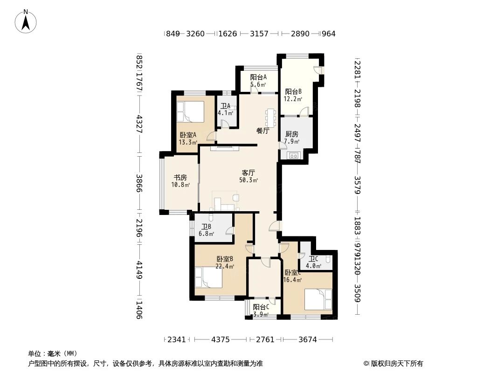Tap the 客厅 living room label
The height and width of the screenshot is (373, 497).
(x=248, y=176)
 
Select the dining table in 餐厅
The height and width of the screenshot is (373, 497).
(x=271, y=117)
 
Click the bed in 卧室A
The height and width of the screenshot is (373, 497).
(x=190, y=112)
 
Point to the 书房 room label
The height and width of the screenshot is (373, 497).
(x=180, y=181)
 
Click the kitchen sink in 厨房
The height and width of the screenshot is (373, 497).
(x=294, y=156)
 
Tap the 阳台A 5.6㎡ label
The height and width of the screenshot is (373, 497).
(x=258, y=81)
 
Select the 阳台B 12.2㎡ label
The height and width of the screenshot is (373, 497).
(x=293, y=95)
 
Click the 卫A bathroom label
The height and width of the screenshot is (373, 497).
(x=226, y=109)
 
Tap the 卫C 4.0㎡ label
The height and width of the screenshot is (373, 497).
(x=313, y=262)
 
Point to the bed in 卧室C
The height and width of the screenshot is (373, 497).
(x=318, y=299)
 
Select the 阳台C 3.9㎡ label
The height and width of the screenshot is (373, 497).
(x=261, y=311)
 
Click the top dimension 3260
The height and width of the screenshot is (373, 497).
(x=195, y=34)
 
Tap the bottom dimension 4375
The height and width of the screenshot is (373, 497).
(x=221, y=339)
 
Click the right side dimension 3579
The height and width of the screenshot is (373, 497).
(x=358, y=186)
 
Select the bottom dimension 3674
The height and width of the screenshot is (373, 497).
(x=307, y=339)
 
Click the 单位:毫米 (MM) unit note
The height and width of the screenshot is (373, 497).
(x=53, y=353)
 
